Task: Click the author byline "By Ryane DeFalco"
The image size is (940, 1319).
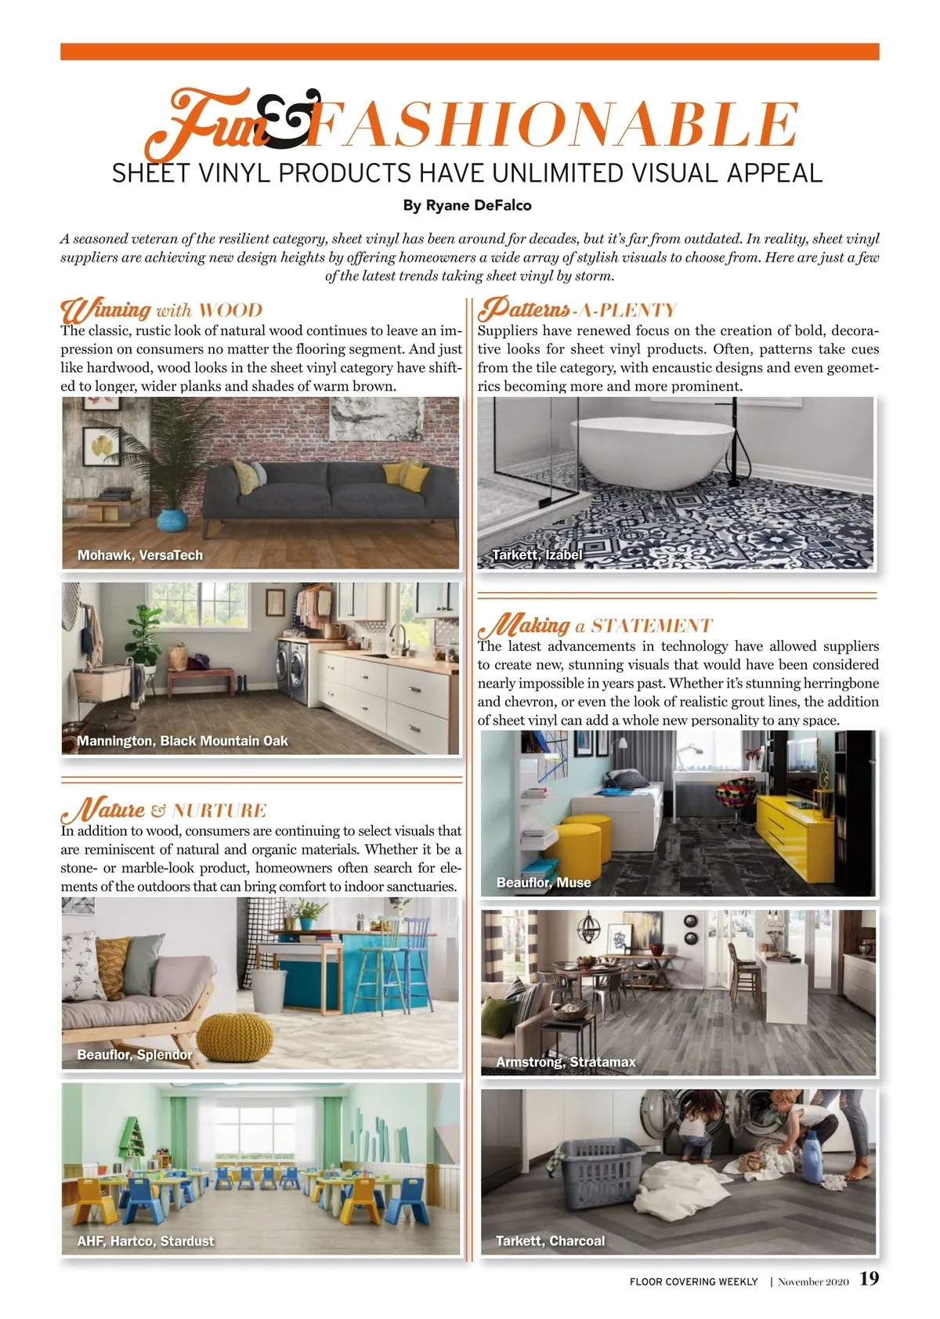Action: point(467,205)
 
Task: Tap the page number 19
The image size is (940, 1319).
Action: point(869,1279)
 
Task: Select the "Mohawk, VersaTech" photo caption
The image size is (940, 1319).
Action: point(139,555)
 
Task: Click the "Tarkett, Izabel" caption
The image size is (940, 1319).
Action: point(537,555)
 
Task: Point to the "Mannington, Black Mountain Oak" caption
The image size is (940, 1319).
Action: point(182,741)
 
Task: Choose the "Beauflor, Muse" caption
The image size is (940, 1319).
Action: point(543,883)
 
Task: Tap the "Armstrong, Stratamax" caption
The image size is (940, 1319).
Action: point(566,1062)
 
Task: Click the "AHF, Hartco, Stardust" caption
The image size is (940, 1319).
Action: point(145,1241)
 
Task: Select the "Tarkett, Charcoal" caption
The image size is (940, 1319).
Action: point(550,1241)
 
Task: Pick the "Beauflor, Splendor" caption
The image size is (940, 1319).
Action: point(134,1055)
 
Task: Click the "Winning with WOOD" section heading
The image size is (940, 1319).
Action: point(161,310)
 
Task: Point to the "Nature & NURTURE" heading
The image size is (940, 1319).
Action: point(164,810)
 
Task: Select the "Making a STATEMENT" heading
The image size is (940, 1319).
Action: point(595,626)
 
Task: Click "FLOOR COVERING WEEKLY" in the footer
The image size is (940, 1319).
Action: point(693,1282)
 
